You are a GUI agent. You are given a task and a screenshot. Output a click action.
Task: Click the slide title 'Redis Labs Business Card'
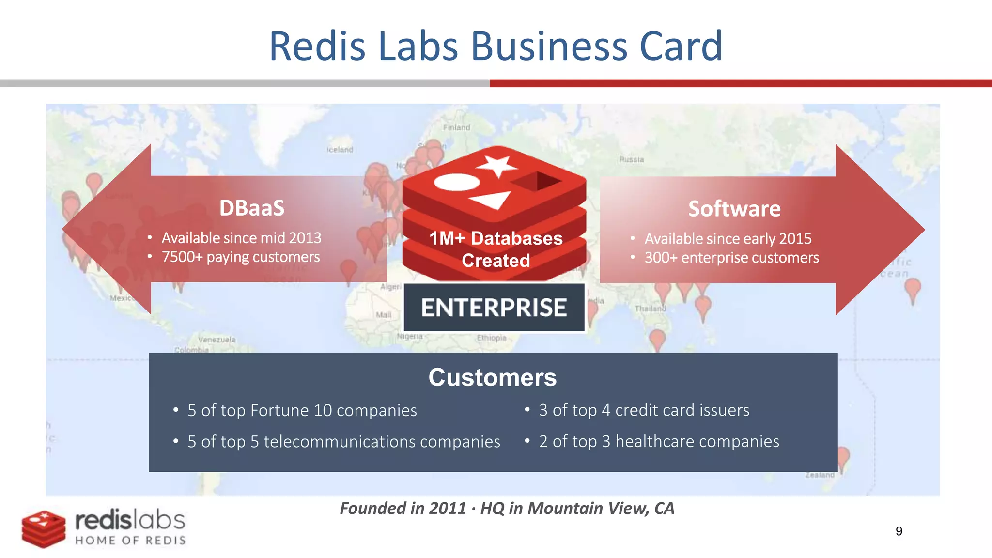coord(496,46)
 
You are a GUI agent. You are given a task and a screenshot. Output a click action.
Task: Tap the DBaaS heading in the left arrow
coord(252,208)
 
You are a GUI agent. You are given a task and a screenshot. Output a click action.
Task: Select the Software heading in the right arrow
coord(734,209)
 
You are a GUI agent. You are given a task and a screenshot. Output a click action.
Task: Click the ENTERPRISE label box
coord(494,308)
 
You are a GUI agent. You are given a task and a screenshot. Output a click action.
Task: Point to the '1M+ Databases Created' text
coord(496,249)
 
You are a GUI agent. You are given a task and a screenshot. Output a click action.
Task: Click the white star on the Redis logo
coord(496,166)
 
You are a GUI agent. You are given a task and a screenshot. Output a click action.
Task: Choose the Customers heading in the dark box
coord(493,377)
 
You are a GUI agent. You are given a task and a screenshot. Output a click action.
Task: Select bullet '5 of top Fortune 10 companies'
coord(302,411)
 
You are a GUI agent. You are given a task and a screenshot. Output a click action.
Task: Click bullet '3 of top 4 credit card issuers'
coord(644,410)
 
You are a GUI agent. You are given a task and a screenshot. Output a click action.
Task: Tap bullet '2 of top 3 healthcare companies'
coord(659,441)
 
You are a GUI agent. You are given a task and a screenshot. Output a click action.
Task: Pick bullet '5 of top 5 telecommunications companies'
coord(343,442)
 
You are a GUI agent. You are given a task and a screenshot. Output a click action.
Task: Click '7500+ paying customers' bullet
coord(240,257)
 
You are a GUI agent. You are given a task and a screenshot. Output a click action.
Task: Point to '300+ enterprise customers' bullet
coord(731,258)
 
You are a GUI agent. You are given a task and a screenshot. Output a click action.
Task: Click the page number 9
coord(899,531)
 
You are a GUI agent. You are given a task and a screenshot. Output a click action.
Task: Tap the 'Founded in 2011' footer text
coord(403,508)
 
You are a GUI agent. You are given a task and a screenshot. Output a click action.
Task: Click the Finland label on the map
coord(456,128)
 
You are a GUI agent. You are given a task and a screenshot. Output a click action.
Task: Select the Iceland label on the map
coord(340,150)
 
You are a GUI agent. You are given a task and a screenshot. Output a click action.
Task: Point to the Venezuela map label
coord(217,340)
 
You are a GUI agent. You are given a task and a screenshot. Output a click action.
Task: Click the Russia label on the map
coord(631,159)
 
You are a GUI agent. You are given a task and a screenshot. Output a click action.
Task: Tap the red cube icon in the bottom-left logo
coord(44,529)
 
